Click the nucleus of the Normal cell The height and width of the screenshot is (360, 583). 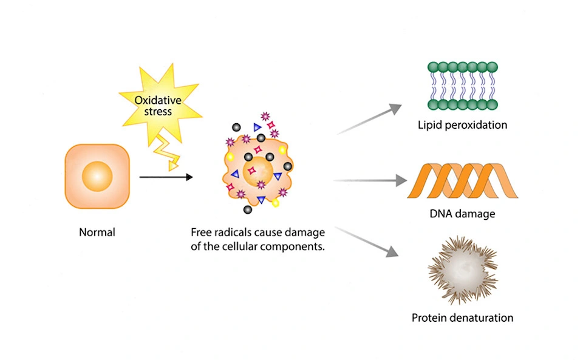[97, 177]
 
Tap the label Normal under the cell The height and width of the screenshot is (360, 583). [97, 233]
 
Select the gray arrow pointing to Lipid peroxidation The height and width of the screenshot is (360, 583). [370, 118]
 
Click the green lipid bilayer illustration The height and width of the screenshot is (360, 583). [462, 86]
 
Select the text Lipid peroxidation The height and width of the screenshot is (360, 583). [462, 126]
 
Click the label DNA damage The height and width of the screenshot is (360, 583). [462, 214]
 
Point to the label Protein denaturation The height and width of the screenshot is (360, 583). [462, 318]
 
